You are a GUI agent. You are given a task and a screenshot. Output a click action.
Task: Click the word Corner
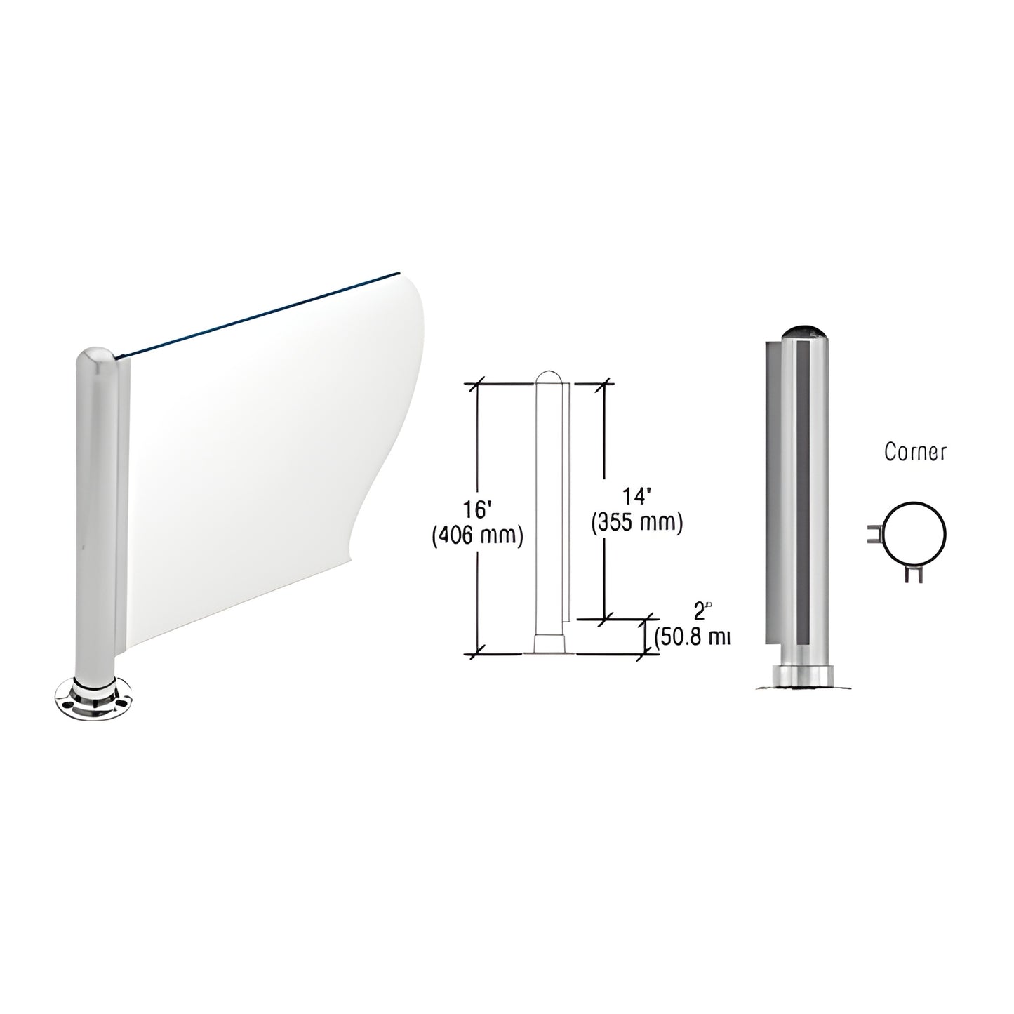point(914,453)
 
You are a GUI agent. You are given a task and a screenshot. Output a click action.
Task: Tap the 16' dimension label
point(477,507)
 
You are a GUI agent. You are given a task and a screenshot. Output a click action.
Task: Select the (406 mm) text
point(477,536)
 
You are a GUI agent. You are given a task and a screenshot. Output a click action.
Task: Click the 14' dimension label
point(637,496)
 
